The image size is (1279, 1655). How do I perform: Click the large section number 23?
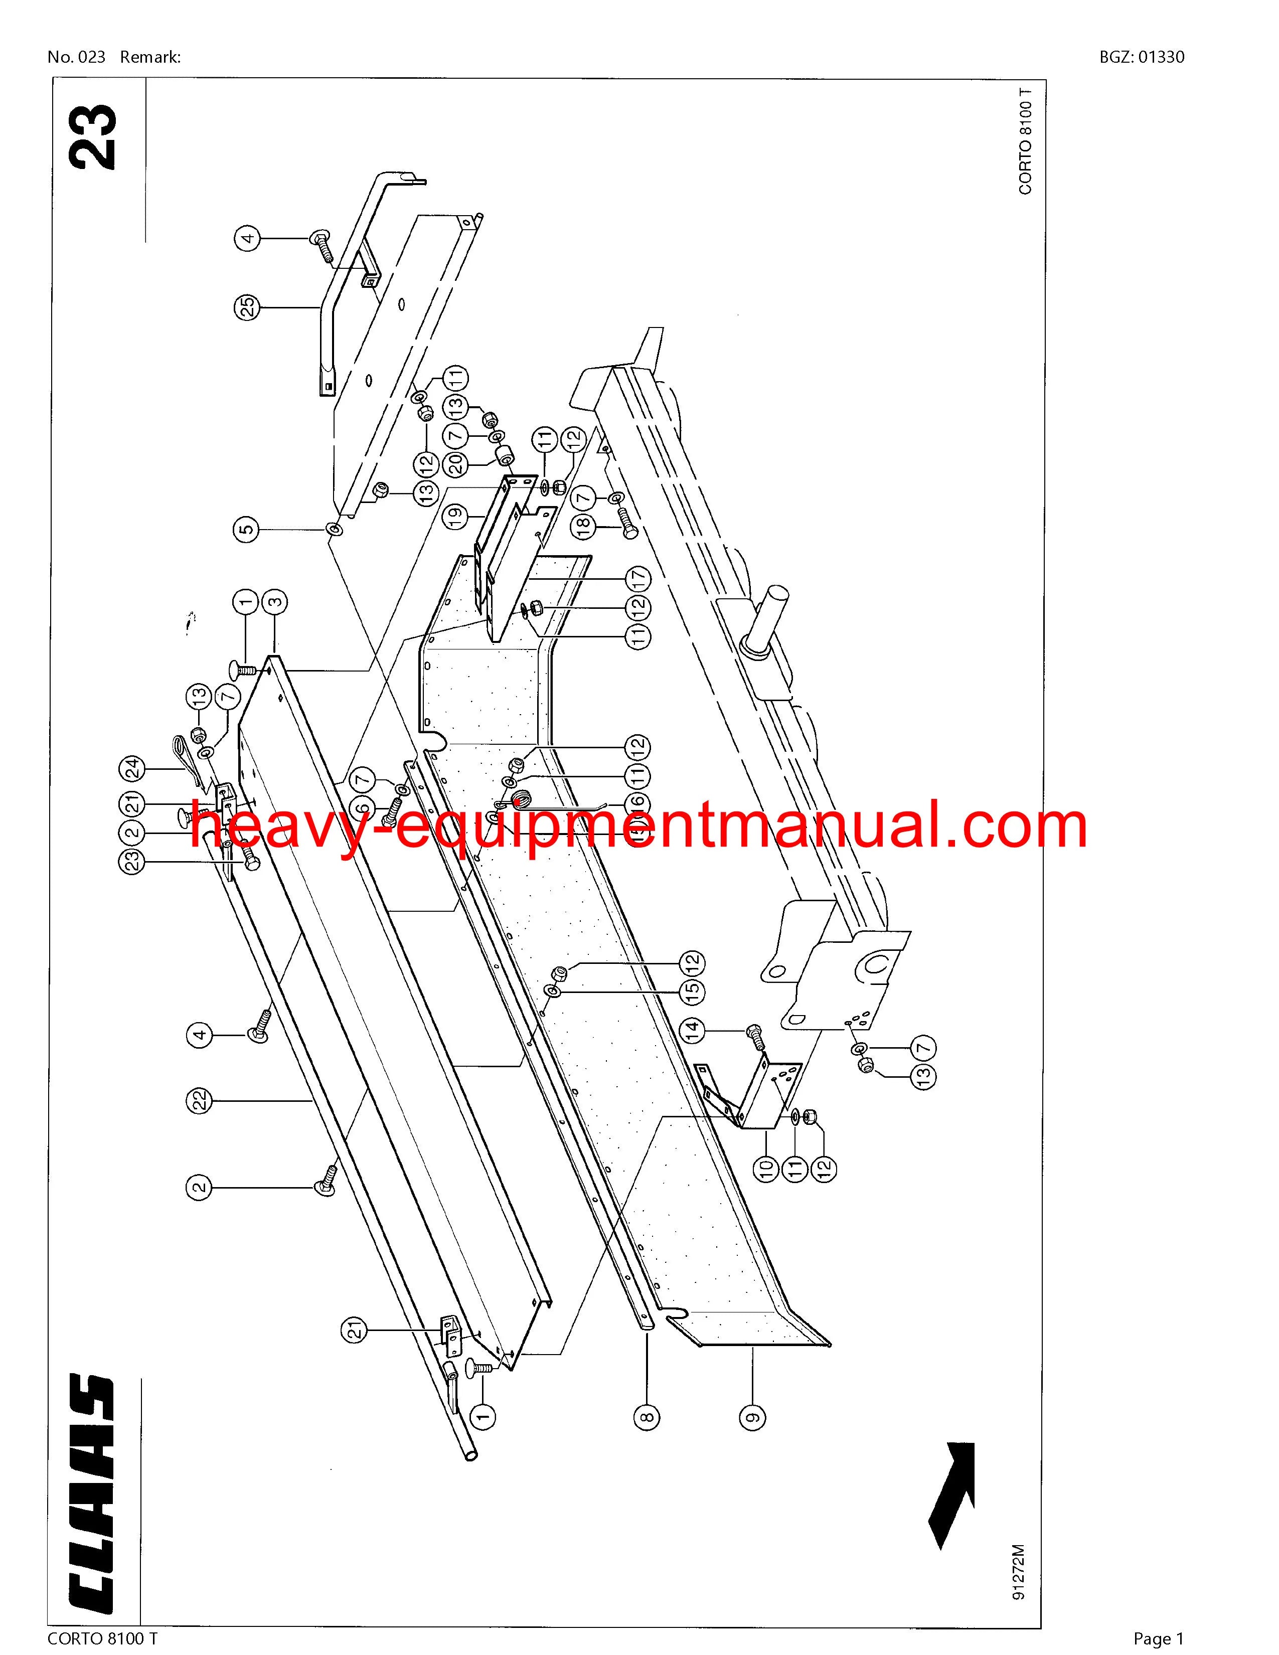(x=94, y=136)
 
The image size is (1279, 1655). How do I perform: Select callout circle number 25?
(x=246, y=307)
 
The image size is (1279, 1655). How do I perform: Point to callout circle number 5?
(x=246, y=528)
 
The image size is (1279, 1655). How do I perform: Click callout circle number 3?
(x=274, y=603)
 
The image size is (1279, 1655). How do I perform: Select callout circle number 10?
(x=765, y=1167)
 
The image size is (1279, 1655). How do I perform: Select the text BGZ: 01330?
(x=1141, y=57)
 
